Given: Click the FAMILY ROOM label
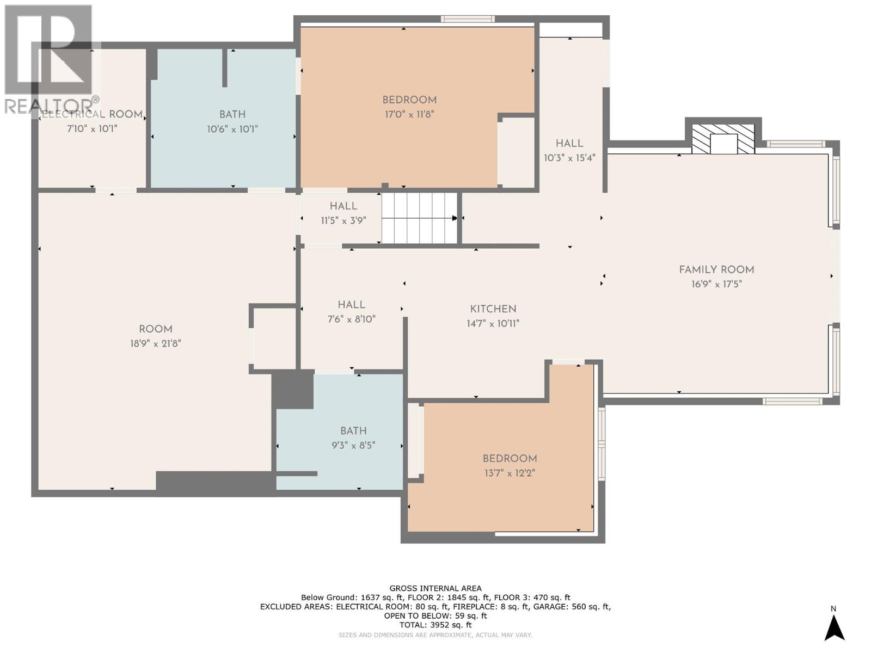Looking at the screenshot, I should pos(716,270).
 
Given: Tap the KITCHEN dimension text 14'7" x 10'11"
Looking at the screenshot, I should pos(493,324).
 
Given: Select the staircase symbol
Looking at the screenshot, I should pos(419,218).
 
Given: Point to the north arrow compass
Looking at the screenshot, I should pos(833,626).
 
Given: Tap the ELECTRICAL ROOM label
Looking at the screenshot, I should pos(93,115).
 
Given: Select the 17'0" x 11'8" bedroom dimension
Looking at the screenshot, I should pos(409,115).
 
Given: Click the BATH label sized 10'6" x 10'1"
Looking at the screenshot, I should pos(232,115).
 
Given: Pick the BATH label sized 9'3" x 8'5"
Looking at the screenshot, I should pos(353,431).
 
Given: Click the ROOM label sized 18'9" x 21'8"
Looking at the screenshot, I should pos(156,329).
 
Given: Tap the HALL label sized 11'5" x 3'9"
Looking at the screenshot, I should pos(344,206).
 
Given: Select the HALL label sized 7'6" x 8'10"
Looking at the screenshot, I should pos(351,305).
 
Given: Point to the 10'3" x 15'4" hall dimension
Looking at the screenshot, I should pos(569,158).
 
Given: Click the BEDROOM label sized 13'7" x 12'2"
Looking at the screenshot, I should pos(510,459).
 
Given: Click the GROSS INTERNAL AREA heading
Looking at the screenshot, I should pos(436,588).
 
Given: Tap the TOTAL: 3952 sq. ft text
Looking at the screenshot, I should pos(436,625).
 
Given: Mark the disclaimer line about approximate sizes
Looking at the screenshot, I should pos(436,635).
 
